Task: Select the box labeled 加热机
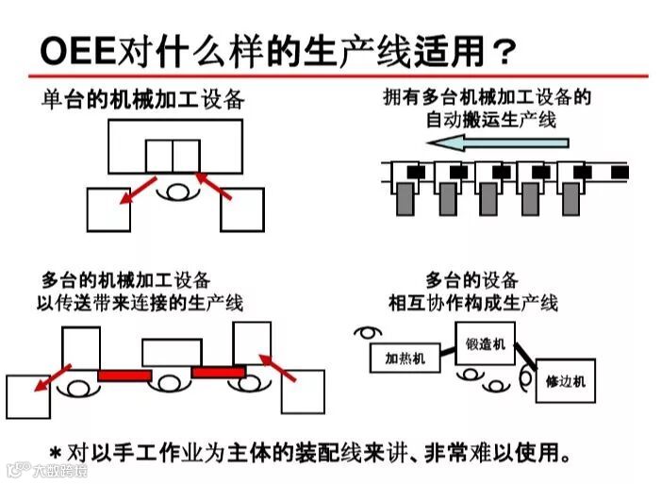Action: coord(405,358)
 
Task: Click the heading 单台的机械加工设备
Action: coord(141,99)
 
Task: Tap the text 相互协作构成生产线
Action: coord(472,303)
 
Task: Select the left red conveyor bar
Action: coord(124,375)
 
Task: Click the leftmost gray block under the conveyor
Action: coord(405,198)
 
